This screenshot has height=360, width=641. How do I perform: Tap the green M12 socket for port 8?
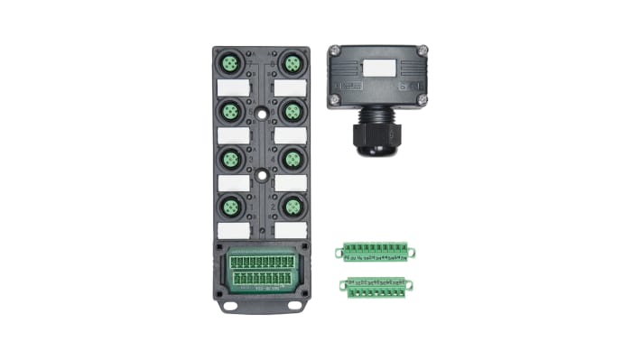[291, 64]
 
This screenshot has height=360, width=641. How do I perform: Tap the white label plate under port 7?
[233, 88]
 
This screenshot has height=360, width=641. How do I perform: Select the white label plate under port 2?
[290, 230]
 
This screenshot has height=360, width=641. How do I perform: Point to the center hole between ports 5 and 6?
[262, 116]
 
